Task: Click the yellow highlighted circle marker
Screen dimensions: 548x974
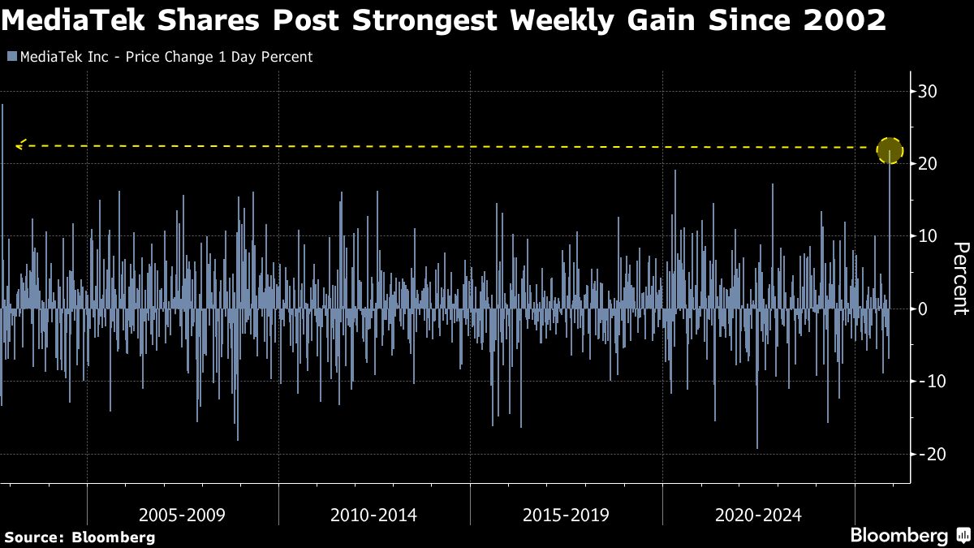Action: click(890, 150)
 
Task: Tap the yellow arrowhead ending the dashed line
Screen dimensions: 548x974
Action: click(20, 145)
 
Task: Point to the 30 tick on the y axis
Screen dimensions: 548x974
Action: click(928, 91)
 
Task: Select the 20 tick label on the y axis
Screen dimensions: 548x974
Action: click(928, 163)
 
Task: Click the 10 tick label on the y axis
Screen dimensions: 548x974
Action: click(928, 235)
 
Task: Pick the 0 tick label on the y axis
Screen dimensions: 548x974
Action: click(924, 309)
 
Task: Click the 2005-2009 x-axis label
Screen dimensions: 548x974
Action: click(182, 515)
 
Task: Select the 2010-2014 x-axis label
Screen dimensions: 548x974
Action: click(374, 515)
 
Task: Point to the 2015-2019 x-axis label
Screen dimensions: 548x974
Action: click(566, 515)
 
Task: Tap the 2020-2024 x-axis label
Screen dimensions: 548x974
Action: click(758, 515)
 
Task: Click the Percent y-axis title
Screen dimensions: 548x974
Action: click(960, 278)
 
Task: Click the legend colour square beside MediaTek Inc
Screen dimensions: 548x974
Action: click(11, 57)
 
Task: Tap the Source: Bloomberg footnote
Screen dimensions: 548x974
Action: click(80, 537)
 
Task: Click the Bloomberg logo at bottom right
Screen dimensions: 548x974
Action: click(899, 536)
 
